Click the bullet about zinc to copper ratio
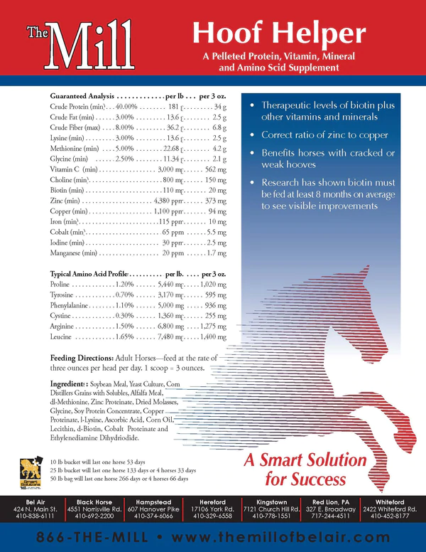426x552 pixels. pos(324,134)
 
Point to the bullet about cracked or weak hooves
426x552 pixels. pos(324,159)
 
